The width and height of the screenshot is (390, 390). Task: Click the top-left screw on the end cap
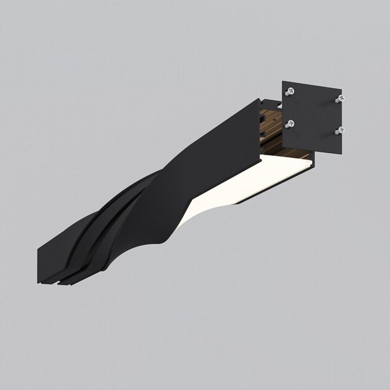289,92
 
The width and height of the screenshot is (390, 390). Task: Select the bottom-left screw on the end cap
289,124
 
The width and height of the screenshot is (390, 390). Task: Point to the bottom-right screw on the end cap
340,131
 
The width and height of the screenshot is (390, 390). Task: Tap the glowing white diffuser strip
250,179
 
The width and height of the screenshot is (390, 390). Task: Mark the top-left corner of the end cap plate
283,82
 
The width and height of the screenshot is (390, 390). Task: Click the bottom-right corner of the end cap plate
341,154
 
